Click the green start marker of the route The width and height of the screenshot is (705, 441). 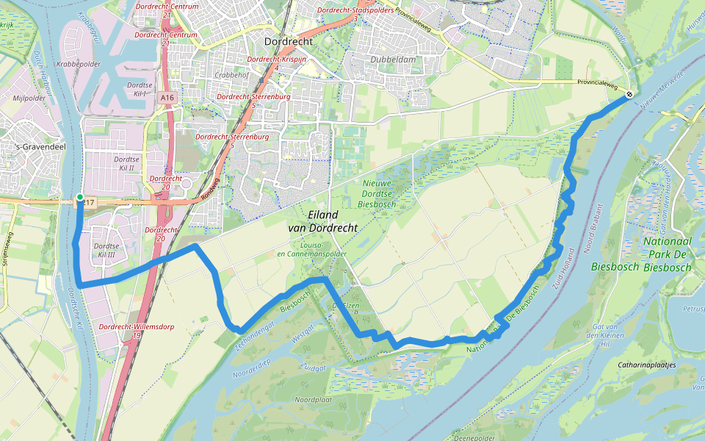pos(79,197)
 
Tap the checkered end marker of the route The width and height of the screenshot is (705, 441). pos(629,94)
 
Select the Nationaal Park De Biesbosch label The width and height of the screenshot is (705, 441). pos(667,254)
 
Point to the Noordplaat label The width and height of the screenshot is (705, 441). pos(313,399)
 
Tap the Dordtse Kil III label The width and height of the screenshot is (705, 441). pos(107,250)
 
